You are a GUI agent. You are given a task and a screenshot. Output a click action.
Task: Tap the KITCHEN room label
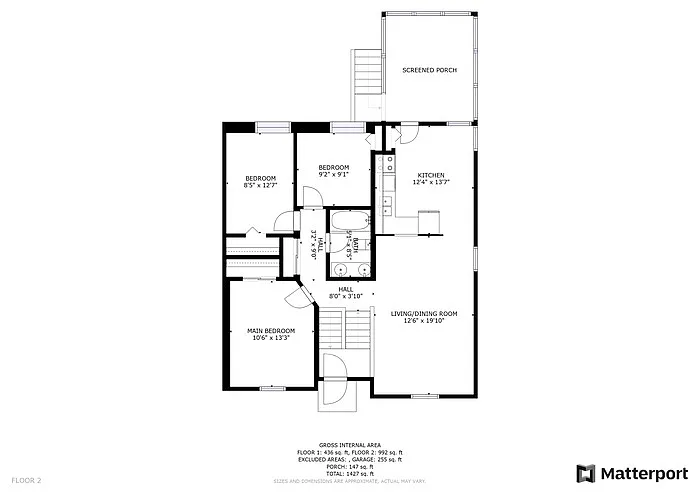click(431, 175)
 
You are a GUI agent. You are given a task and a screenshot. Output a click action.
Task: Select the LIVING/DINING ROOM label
click(430, 314)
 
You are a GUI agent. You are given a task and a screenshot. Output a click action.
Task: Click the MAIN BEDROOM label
click(271, 331)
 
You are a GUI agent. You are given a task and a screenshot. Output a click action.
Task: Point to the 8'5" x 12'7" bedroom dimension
click(260, 185)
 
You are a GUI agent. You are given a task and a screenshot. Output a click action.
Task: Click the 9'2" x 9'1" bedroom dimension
click(333, 174)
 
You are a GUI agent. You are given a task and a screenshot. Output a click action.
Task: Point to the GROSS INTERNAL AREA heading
click(348, 446)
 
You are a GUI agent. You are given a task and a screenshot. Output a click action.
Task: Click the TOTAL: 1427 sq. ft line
click(348, 475)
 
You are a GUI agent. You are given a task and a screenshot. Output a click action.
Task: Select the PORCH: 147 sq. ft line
click(348, 468)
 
